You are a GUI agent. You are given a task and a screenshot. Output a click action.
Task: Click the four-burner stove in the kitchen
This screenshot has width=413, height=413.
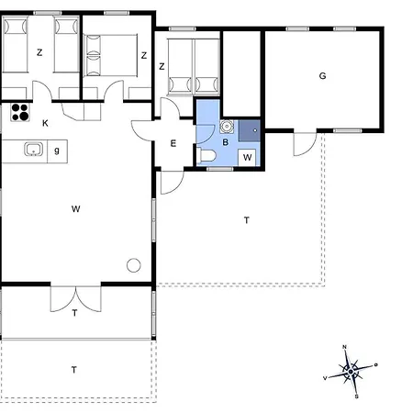(x=20, y=112)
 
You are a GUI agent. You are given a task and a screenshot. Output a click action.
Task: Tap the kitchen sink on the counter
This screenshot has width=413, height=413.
(x=34, y=150)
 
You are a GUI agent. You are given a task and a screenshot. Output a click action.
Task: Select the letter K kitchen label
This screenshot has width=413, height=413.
(x=45, y=123)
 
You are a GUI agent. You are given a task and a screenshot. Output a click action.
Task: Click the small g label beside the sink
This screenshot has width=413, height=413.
(x=57, y=151)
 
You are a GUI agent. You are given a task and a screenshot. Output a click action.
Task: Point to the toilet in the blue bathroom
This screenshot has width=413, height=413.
(x=207, y=155)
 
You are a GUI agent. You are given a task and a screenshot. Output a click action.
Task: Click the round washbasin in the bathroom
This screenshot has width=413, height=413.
(x=227, y=127)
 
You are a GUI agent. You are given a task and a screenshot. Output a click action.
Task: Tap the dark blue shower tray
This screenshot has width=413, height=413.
(x=250, y=130)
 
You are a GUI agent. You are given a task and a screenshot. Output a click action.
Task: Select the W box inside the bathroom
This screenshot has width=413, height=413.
(x=247, y=157)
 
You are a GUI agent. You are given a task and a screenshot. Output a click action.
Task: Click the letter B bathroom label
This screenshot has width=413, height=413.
(x=226, y=142)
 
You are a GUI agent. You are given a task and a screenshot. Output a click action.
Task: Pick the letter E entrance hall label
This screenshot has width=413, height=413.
(x=173, y=143)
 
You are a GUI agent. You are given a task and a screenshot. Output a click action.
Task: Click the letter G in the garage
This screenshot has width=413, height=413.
(x=322, y=76)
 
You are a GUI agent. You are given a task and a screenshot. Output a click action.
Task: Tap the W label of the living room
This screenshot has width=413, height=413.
(x=75, y=209)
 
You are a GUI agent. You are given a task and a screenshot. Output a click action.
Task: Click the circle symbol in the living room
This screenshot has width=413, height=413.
(x=134, y=265)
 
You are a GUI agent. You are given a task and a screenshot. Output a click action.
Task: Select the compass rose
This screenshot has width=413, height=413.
(x=351, y=372)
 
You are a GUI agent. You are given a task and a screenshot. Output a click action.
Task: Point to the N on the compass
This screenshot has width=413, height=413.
(x=344, y=347)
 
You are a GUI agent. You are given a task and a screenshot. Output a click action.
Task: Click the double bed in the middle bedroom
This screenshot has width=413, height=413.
(x=110, y=55)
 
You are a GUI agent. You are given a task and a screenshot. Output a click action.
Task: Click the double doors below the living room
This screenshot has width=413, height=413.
(x=75, y=299)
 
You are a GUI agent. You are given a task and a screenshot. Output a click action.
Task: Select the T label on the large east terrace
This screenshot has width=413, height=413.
(x=247, y=220)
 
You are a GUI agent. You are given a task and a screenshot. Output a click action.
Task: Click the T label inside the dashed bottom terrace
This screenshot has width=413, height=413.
(x=74, y=370)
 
